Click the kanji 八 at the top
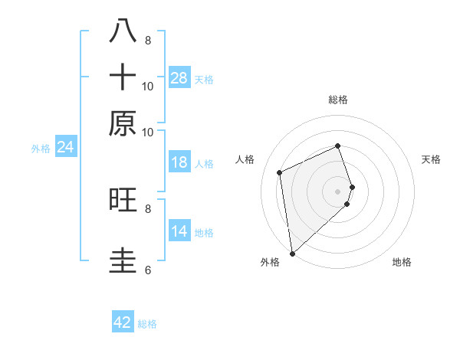coord(123,31)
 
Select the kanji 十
coord(123,77)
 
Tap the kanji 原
coord(123,123)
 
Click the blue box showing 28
coord(179,77)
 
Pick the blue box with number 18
coord(179,162)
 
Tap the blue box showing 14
coord(179,231)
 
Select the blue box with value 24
coord(65,147)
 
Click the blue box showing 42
coord(123,322)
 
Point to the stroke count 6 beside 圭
coord(148,270)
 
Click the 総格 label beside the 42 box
coord(147,324)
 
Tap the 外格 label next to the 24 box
coord(41,149)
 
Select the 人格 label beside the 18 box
coord(204,164)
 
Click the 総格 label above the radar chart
coord(338,100)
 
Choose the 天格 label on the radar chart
coord(431,159)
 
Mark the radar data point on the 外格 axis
coord(292,253)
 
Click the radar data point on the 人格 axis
coord(280,172)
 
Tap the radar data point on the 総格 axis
coord(338,146)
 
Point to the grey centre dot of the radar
coord(338,191)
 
